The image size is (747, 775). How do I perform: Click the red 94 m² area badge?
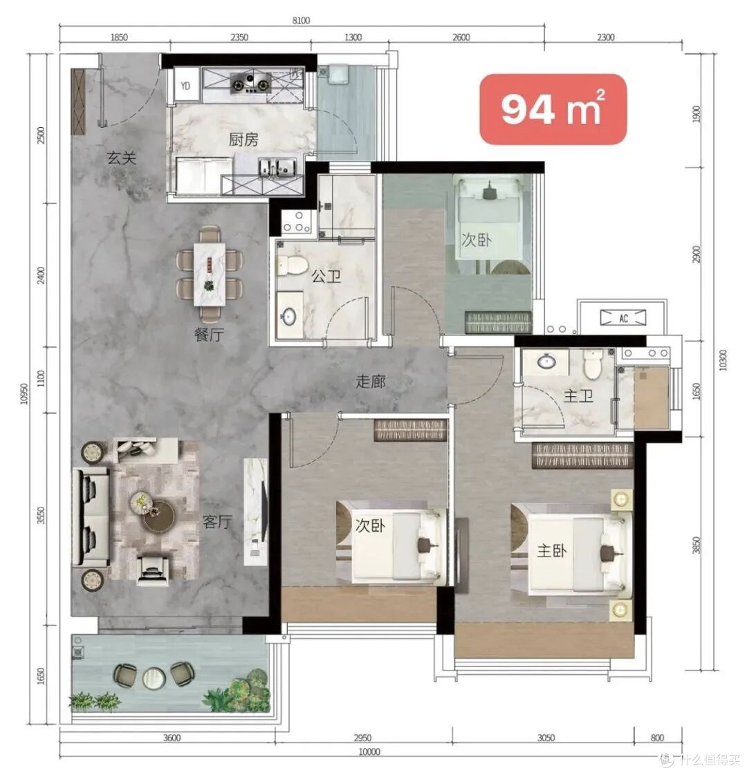coord(553,109)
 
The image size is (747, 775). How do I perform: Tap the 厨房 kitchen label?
coord(243,140)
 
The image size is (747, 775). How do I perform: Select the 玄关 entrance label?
coord(122,158)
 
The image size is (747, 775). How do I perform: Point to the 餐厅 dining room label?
coord(209,335)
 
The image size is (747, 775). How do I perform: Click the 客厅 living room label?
coord(217,522)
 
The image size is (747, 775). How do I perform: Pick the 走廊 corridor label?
coord(371,381)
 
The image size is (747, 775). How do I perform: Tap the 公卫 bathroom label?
coord(326,276)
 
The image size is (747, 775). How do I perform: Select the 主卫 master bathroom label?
coord(579,396)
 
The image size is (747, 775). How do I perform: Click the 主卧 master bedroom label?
coord(552,550)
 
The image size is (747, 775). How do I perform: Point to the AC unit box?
coord(623,318)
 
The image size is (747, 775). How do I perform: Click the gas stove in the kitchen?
coord(250,82)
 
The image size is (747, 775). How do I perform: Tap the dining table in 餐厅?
coord(209,274)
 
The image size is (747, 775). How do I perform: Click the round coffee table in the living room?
coord(158,516)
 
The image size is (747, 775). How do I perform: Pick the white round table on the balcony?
coord(154,678)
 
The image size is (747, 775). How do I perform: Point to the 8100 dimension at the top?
coord(301,20)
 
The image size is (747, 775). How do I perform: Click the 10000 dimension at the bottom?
coord(369,751)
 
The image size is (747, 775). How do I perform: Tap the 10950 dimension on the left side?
coord(24,393)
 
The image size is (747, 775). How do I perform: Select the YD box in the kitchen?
coord(186,86)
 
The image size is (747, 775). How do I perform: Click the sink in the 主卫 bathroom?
coord(546,362)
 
